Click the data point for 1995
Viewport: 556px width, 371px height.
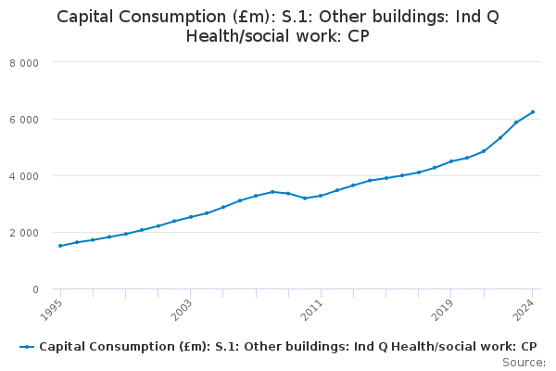pyautogui.click(x=60, y=246)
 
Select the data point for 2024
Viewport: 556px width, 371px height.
pyautogui.click(x=533, y=112)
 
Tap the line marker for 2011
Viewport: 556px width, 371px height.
pyautogui.click(x=321, y=196)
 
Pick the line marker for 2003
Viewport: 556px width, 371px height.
pyautogui.click(x=191, y=217)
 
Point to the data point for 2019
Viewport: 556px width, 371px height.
pyautogui.click(x=451, y=161)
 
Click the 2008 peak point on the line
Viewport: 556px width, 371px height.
pyautogui.click(x=272, y=192)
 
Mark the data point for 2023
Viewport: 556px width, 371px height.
pyautogui.click(x=516, y=122)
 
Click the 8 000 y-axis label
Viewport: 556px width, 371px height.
pyautogui.click(x=37, y=63)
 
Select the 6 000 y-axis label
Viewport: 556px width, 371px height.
pyautogui.click(x=37, y=120)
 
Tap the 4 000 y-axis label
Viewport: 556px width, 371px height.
pyautogui.click(x=37, y=176)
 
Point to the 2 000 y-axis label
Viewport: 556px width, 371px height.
pyautogui.click(x=37, y=233)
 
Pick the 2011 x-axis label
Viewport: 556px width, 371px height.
pyautogui.click(x=314, y=307)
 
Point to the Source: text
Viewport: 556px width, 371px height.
pyautogui.click(x=524, y=363)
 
